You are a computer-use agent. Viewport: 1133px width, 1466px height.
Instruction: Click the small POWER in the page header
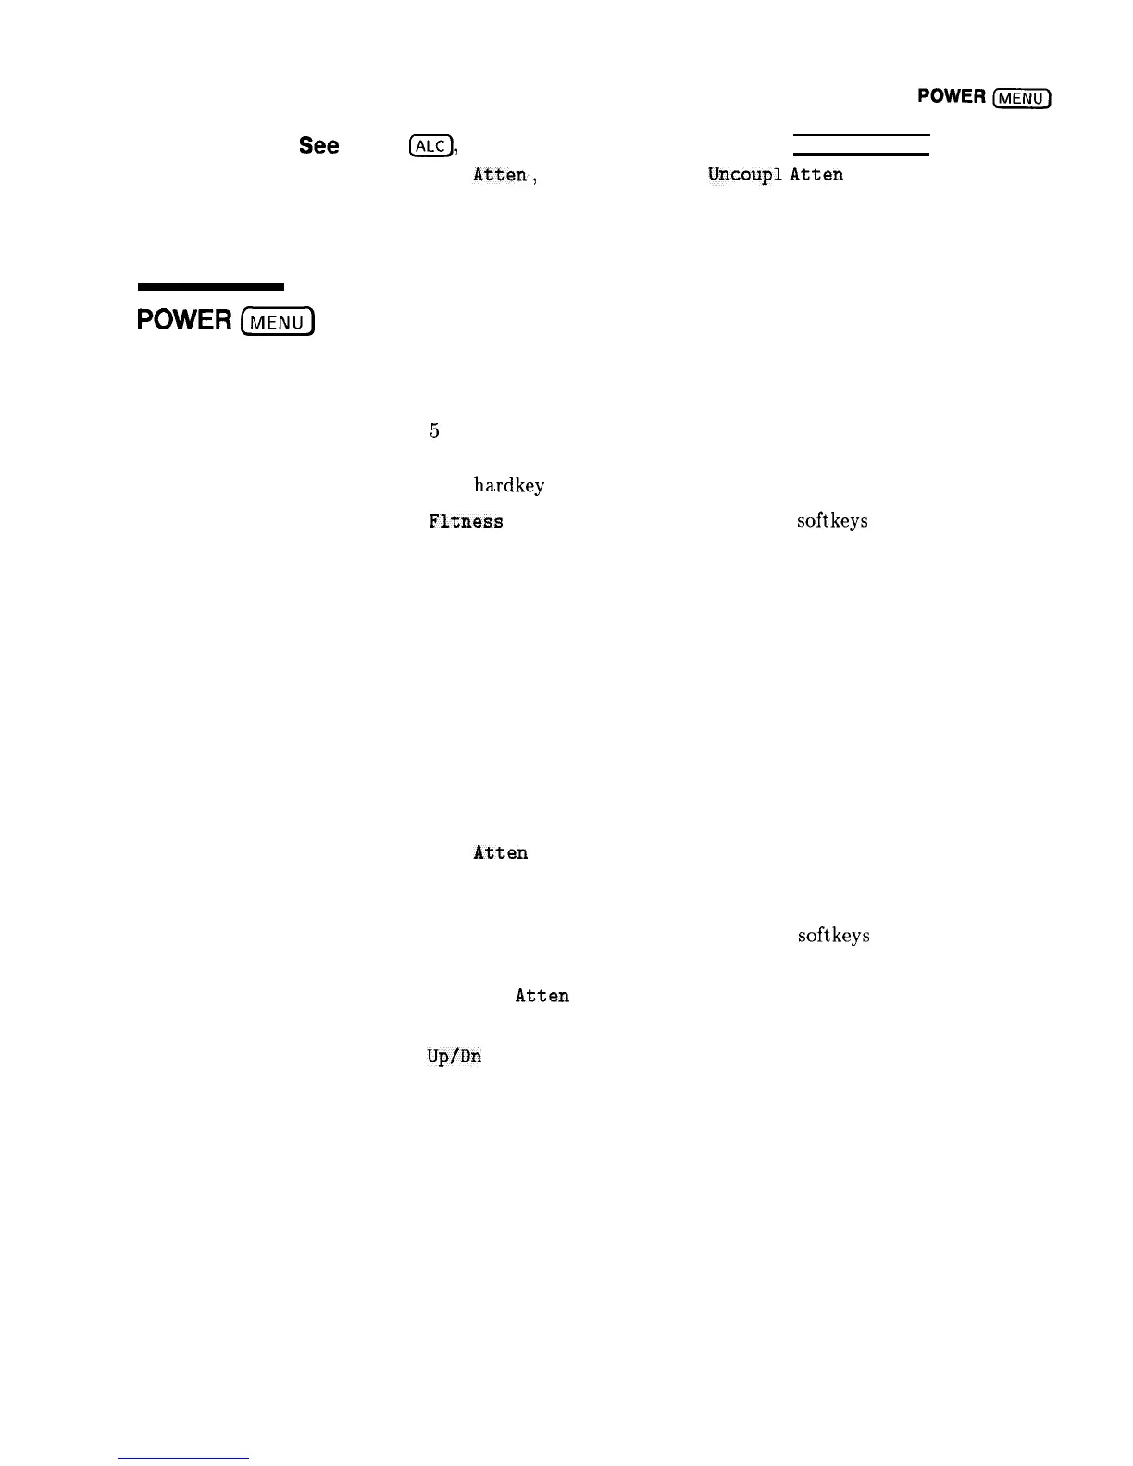coord(951,96)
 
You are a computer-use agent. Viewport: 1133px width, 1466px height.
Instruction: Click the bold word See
coord(318,146)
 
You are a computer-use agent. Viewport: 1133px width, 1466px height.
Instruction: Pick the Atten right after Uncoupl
coord(816,175)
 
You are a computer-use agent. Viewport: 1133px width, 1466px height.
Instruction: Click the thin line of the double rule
coord(861,136)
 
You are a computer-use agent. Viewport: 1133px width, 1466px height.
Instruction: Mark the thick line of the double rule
coord(861,154)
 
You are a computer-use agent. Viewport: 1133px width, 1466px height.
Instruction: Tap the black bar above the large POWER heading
coord(210,287)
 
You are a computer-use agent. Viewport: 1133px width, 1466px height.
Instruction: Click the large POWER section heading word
coord(184,320)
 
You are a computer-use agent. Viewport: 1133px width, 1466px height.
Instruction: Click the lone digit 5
coord(434,430)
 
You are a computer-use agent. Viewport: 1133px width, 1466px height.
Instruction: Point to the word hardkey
coord(509,485)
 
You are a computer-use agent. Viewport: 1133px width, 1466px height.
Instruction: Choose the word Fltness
coord(466,522)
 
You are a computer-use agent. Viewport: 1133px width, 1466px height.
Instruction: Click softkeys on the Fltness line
coord(832,521)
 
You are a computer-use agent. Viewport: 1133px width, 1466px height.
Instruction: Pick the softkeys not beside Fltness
coord(833,936)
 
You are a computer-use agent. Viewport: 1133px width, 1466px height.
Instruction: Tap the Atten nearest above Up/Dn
coord(542,996)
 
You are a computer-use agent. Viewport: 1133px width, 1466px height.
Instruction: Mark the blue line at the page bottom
coord(183,1458)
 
